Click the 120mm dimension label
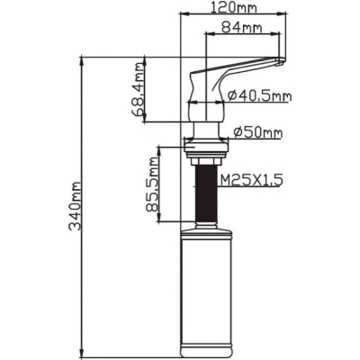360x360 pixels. (x=234, y=7)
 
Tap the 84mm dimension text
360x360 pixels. (x=241, y=28)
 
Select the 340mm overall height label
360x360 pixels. (x=75, y=206)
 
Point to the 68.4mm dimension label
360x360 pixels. (x=138, y=89)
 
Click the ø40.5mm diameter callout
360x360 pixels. (x=259, y=95)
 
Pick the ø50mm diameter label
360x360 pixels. (x=257, y=132)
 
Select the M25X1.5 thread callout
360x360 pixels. (x=251, y=180)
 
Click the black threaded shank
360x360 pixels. (x=206, y=193)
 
